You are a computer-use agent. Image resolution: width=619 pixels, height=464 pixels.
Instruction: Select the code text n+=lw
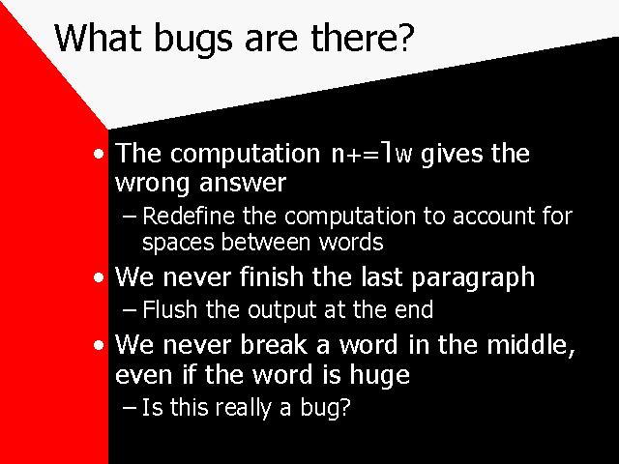point(371,153)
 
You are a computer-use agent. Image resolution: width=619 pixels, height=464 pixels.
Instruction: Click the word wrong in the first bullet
point(153,184)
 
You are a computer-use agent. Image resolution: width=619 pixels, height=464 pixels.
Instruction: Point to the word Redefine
point(189,216)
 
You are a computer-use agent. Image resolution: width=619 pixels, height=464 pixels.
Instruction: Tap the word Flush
point(170,309)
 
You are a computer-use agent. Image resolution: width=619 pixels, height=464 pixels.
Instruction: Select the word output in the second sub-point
point(281,310)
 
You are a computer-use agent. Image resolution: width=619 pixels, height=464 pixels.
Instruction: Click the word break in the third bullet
point(274,344)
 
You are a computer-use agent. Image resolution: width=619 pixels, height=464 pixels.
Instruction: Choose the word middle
point(531,344)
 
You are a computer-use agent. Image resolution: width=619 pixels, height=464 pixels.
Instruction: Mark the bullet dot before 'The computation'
point(99,154)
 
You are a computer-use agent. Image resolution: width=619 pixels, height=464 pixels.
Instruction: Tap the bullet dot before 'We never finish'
point(99,277)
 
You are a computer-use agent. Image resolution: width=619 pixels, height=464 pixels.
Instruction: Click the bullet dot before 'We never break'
point(99,345)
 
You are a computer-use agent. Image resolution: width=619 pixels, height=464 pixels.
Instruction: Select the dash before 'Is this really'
point(130,408)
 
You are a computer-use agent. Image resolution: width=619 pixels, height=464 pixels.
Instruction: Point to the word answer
point(243,184)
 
